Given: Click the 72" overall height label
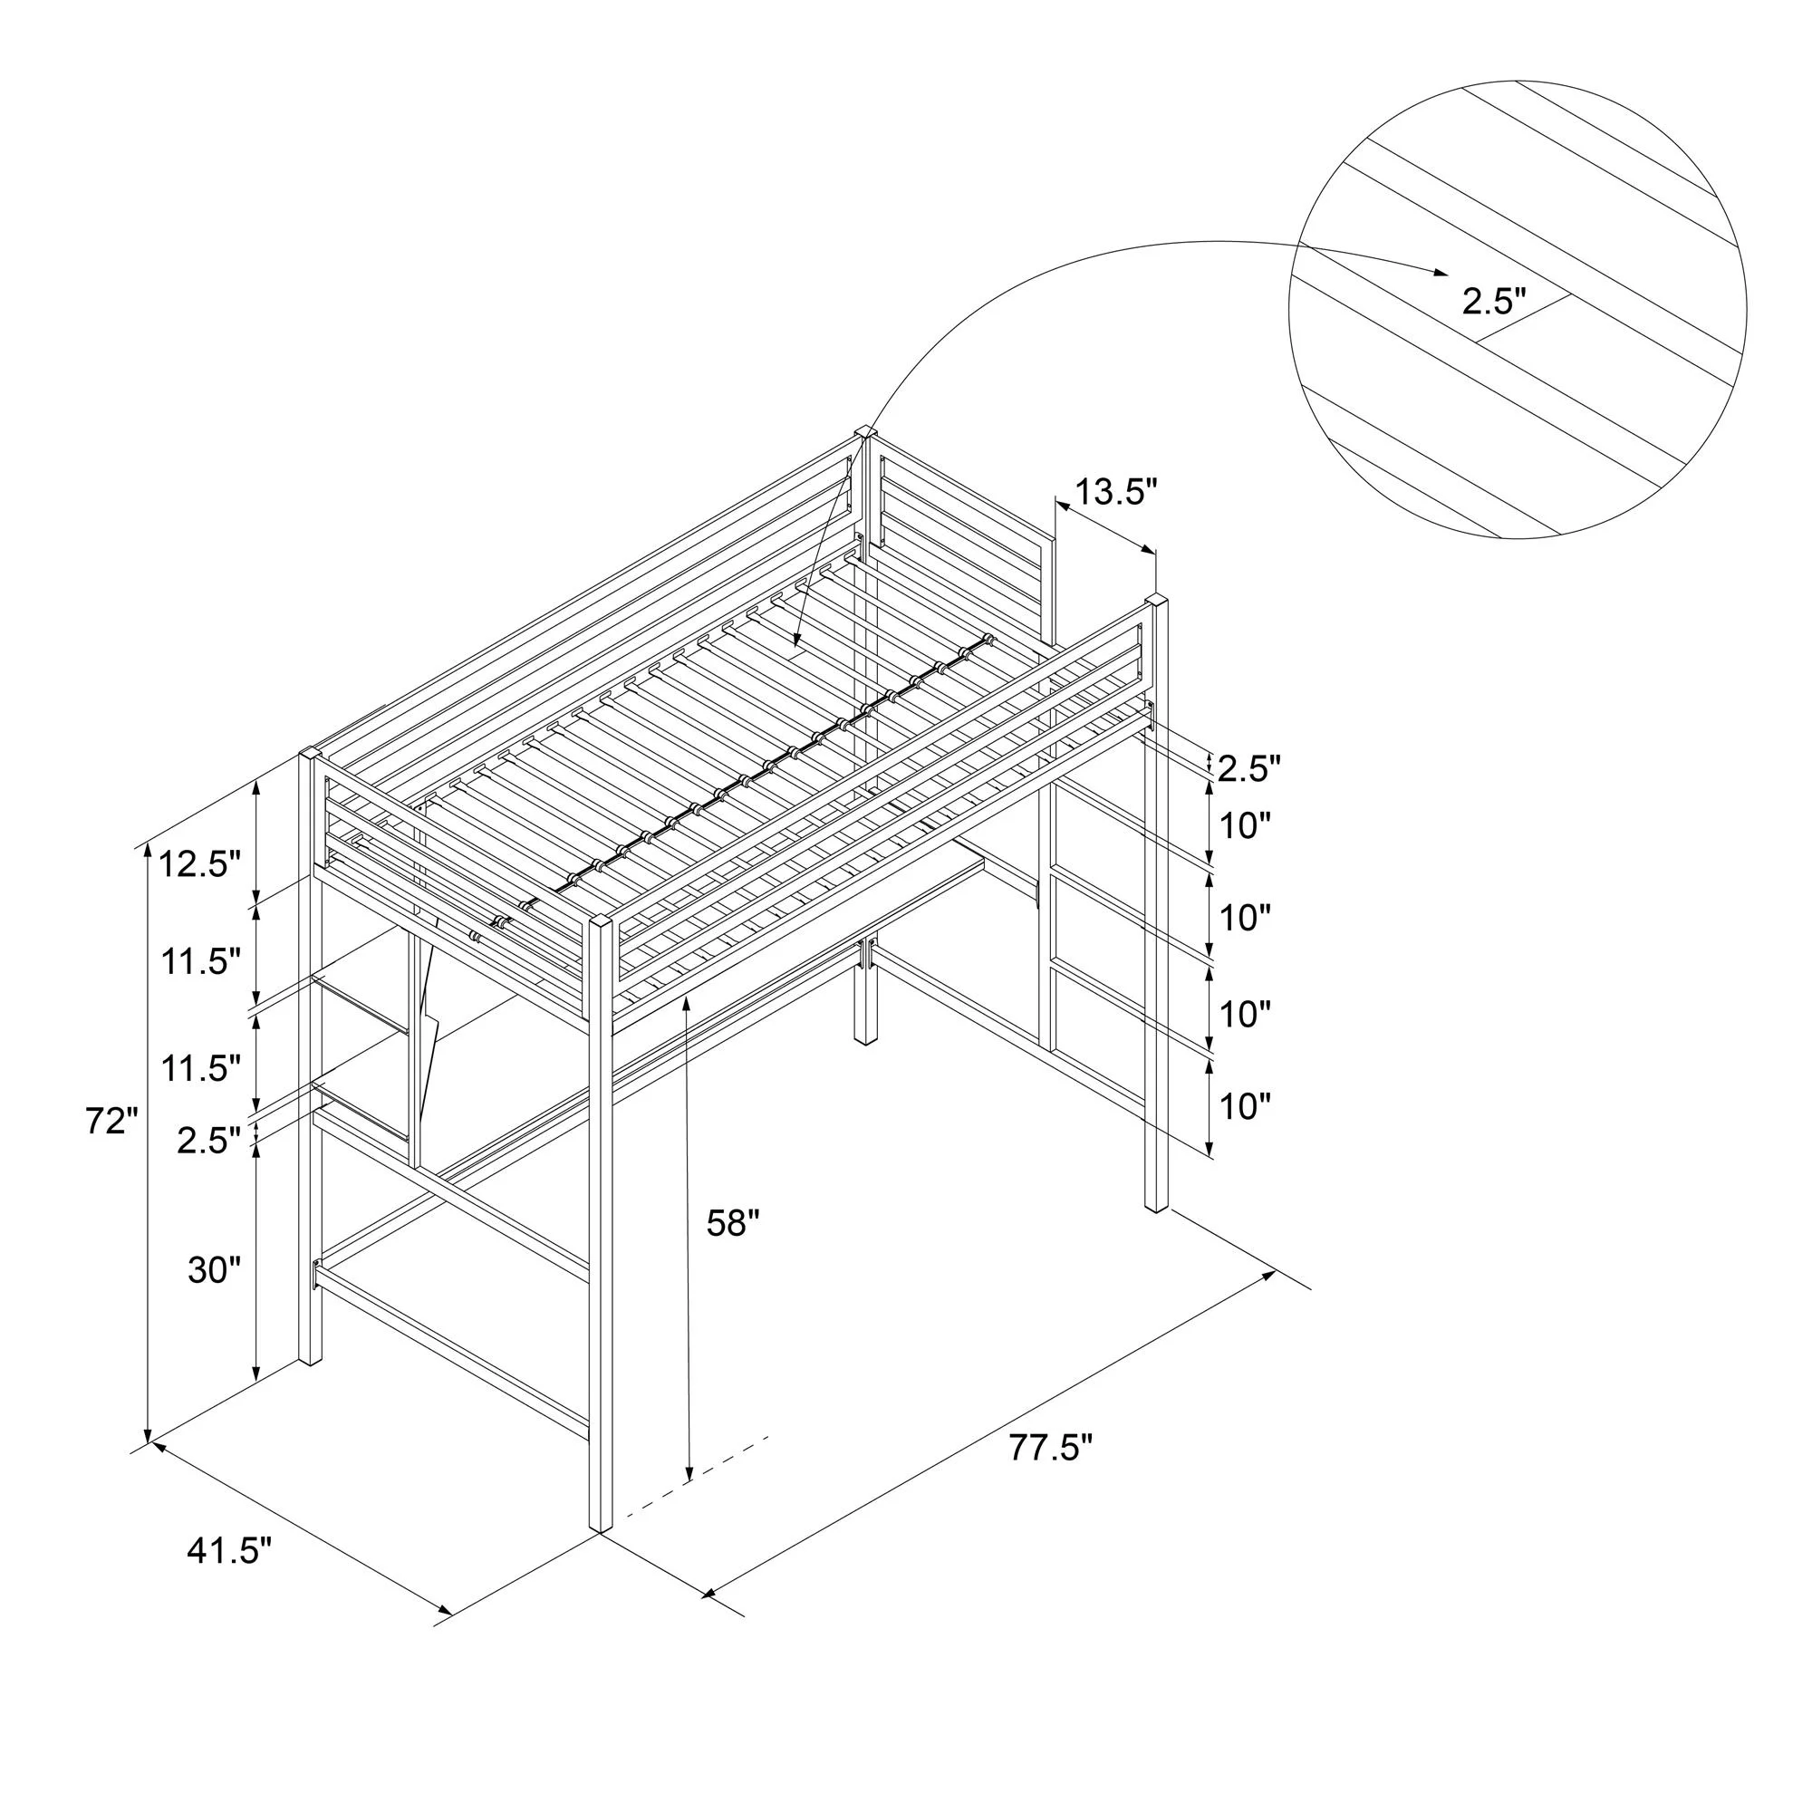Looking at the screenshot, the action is (111, 1121).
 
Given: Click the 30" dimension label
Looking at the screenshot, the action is (215, 1271).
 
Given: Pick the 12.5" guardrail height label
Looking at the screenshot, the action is (199, 863).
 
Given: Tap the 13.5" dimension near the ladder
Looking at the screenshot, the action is (1116, 491).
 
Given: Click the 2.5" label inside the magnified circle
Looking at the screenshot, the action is (1494, 301).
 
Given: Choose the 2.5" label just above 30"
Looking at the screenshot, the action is (208, 1142).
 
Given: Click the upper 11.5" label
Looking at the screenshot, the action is (199, 962).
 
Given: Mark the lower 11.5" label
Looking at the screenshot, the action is (199, 1069).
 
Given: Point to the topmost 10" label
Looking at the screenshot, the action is (1245, 826).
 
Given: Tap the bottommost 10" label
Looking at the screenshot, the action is (1245, 1108).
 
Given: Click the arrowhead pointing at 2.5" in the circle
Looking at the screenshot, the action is (1439, 272).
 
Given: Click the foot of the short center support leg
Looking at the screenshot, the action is (865, 1038).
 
